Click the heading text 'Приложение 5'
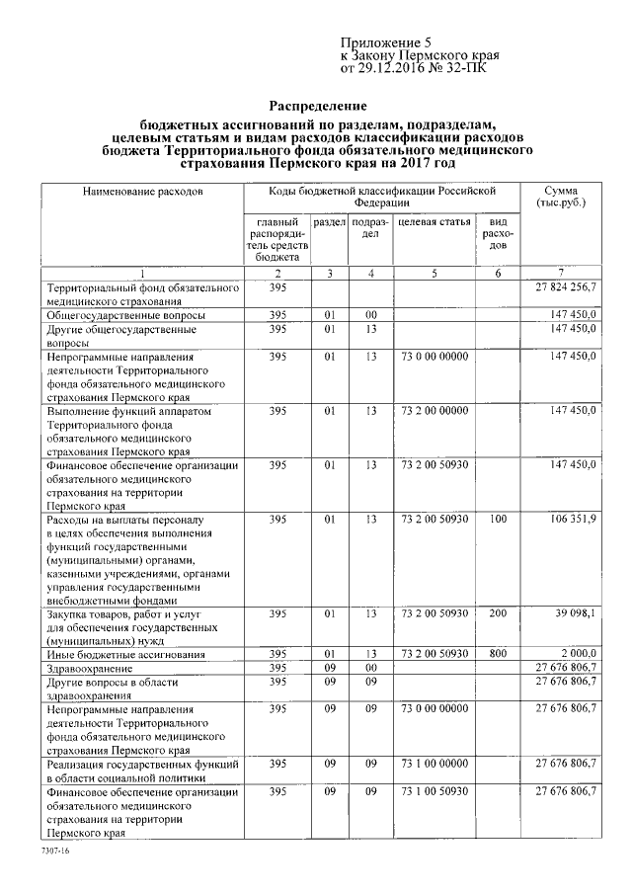387,42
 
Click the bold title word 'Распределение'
319,106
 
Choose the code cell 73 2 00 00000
434,409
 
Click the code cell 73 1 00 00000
434,763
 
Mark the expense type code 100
499,518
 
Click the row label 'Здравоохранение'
91,669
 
